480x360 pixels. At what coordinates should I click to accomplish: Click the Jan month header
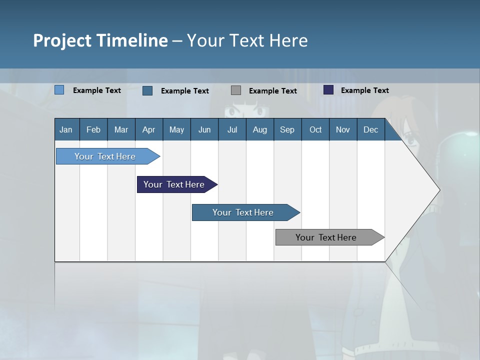pyautogui.click(x=66, y=129)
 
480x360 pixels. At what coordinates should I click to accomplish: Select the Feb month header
pyautogui.click(x=93, y=129)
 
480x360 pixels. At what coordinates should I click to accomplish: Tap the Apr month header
pyautogui.click(x=148, y=129)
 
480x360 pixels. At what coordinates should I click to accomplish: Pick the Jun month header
pyautogui.click(x=204, y=129)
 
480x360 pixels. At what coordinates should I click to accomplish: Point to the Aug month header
pyautogui.click(x=259, y=129)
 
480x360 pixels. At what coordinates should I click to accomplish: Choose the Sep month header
pyautogui.click(x=287, y=129)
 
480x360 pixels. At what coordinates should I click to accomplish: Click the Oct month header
pyautogui.click(x=315, y=129)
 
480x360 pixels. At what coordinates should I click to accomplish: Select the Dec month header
pyautogui.click(x=370, y=129)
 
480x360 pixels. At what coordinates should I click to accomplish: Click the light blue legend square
pyautogui.click(x=59, y=90)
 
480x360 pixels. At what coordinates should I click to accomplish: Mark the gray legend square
pyautogui.click(x=236, y=90)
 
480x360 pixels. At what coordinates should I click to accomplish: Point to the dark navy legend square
pyautogui.click(x=328, y=90)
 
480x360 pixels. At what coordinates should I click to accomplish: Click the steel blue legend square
pyautogui.click(x=147, y=90)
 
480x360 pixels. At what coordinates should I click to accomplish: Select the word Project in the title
pyautogui.click(x=62, y=40)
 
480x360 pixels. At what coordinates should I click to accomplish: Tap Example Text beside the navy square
pyautogui.click(x=364, y=90)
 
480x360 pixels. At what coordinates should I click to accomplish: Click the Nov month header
pyautogui.click(x=342, y=129)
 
